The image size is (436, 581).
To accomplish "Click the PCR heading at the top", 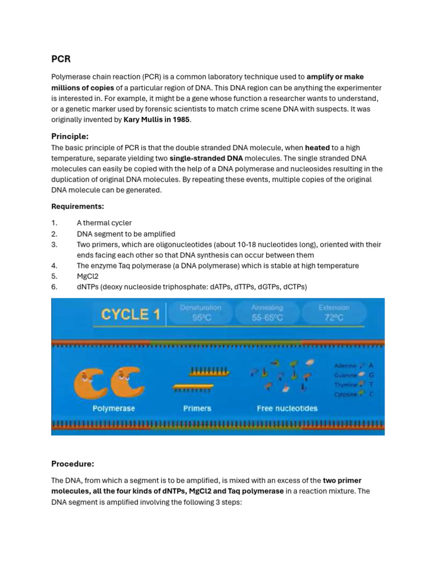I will coord(61,59).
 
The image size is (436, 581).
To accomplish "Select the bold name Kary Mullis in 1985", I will coord(156,120).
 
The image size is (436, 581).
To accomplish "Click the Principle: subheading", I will coord(70,136).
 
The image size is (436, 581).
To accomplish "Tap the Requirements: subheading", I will coord(78,206).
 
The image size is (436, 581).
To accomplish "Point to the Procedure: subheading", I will coord(73,464).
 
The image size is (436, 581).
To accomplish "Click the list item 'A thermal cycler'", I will coord(104,223).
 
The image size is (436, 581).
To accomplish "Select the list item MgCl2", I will coord(87,276).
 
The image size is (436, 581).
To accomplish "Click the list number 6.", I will coord(54,287).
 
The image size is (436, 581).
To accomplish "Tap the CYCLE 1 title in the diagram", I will coord(130,315).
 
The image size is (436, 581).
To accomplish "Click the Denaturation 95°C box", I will coord(201,313).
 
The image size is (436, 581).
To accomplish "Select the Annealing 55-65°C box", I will coord(267,313).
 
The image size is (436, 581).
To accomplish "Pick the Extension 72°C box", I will coord(334,313).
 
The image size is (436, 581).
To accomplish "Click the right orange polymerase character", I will coord(128,382).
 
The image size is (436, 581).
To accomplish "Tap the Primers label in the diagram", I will coord(197,409).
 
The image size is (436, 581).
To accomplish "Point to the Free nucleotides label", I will coord(287,409).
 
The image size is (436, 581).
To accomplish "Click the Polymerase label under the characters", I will coord(114,409).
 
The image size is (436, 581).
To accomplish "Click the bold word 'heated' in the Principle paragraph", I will coord(318,148).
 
